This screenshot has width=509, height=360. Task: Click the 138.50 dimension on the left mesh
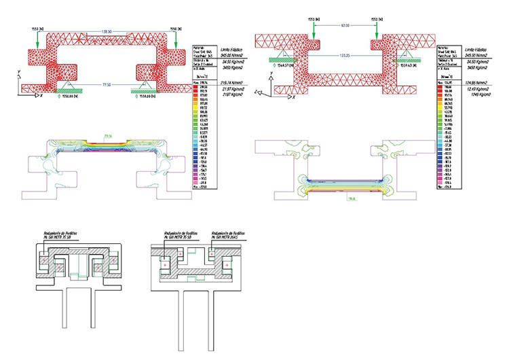pos(107,32)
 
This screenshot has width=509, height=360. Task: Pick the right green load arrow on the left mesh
pos(176,39)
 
